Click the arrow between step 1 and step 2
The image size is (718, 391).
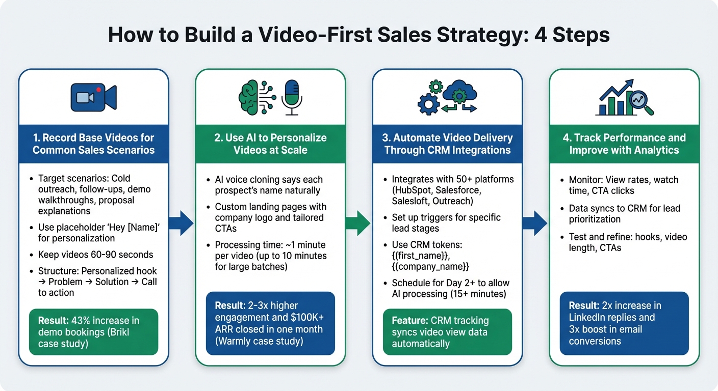click(181, 224)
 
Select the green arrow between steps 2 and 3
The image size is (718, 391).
click(358, 224)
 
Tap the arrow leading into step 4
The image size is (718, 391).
click(535, 224)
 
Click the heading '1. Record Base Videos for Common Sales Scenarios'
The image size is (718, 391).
click(93, 144)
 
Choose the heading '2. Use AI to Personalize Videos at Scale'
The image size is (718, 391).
click(270, 144)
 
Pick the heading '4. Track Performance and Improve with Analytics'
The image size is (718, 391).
click(624, 144)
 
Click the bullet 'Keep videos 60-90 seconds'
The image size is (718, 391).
click(95, 255)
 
